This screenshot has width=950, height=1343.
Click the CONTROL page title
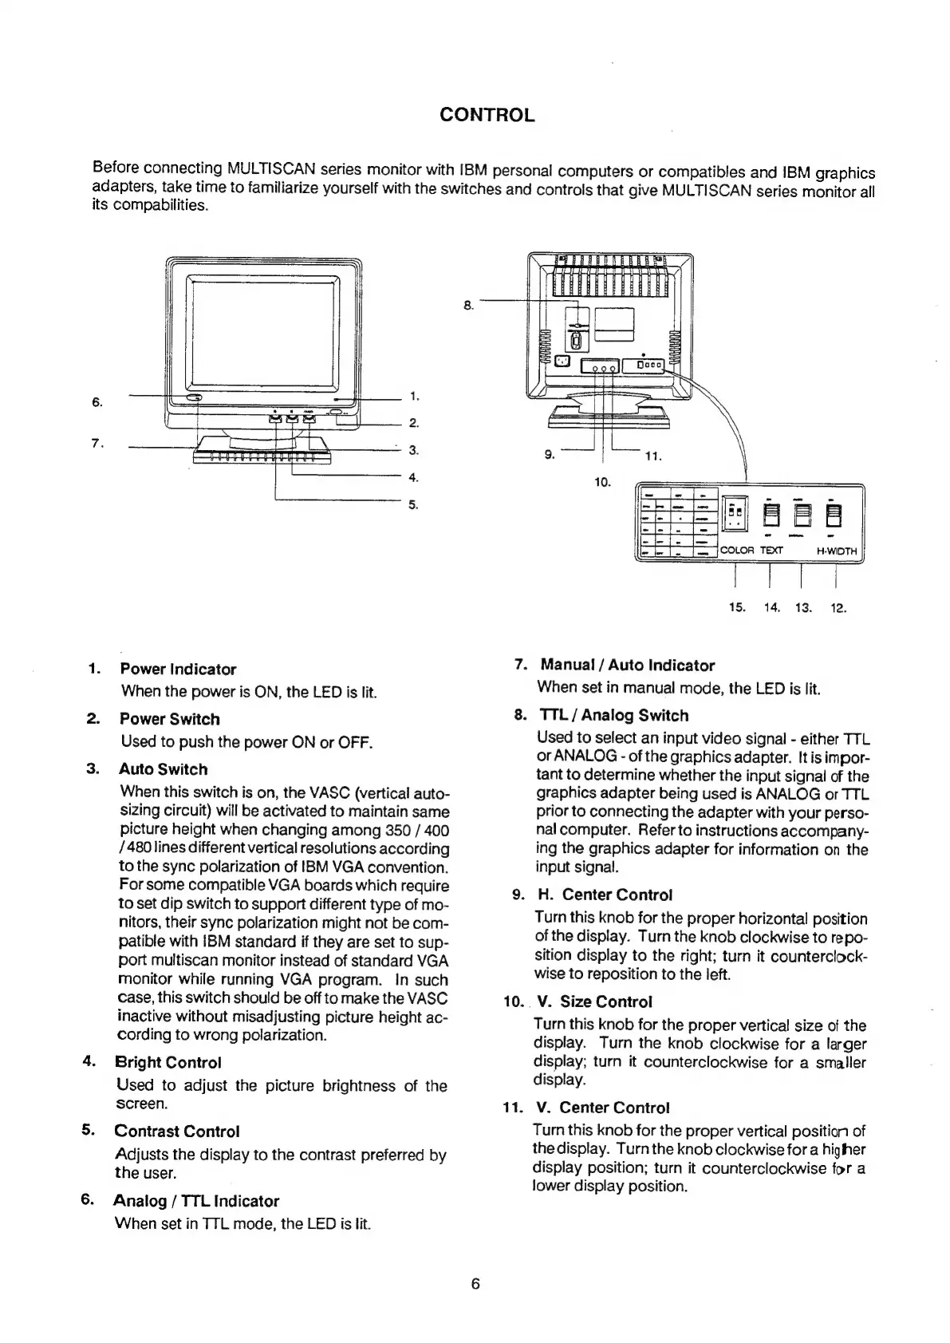pyautogui.click(x=487, y=115)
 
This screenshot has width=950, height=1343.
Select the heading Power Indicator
pyautogui.click(x=178, y=670)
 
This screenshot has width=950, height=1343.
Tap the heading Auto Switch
pyautogui.click(x=163, y=769)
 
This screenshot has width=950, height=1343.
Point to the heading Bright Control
pyautogui.click(x=168, y=1062)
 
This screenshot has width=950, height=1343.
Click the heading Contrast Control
pyautogui.click(x=176, y=1131)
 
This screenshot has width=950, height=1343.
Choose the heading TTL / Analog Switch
pyautogui.click(x=614, y=716)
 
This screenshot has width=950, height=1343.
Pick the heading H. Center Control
pyautogui.click(x=605, y=895)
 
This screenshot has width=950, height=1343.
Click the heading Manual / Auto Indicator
pyautogui.click(x=627, y=666)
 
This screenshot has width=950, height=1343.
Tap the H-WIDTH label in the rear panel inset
pyautogui.click(x=837, y=551)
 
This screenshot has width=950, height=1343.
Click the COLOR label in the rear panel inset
pyautogui.click(x=737, y=551)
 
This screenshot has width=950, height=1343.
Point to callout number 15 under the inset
pyautogui.click(x=737, y=608)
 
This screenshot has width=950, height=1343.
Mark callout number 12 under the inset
pyautogui.click(x=838, y=608)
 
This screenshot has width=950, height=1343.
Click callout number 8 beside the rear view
pyautogui.click(x=468, y=304)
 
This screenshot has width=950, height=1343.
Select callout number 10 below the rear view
pyautogui.click(x=602, y=481)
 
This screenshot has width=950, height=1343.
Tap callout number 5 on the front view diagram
pyautogui.click(x=413, y=504)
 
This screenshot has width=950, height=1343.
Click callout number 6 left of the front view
pyautogui.click(x=97, y=402)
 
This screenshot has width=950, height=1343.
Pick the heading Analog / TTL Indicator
pyautogui.click(x=196, y=1201)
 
